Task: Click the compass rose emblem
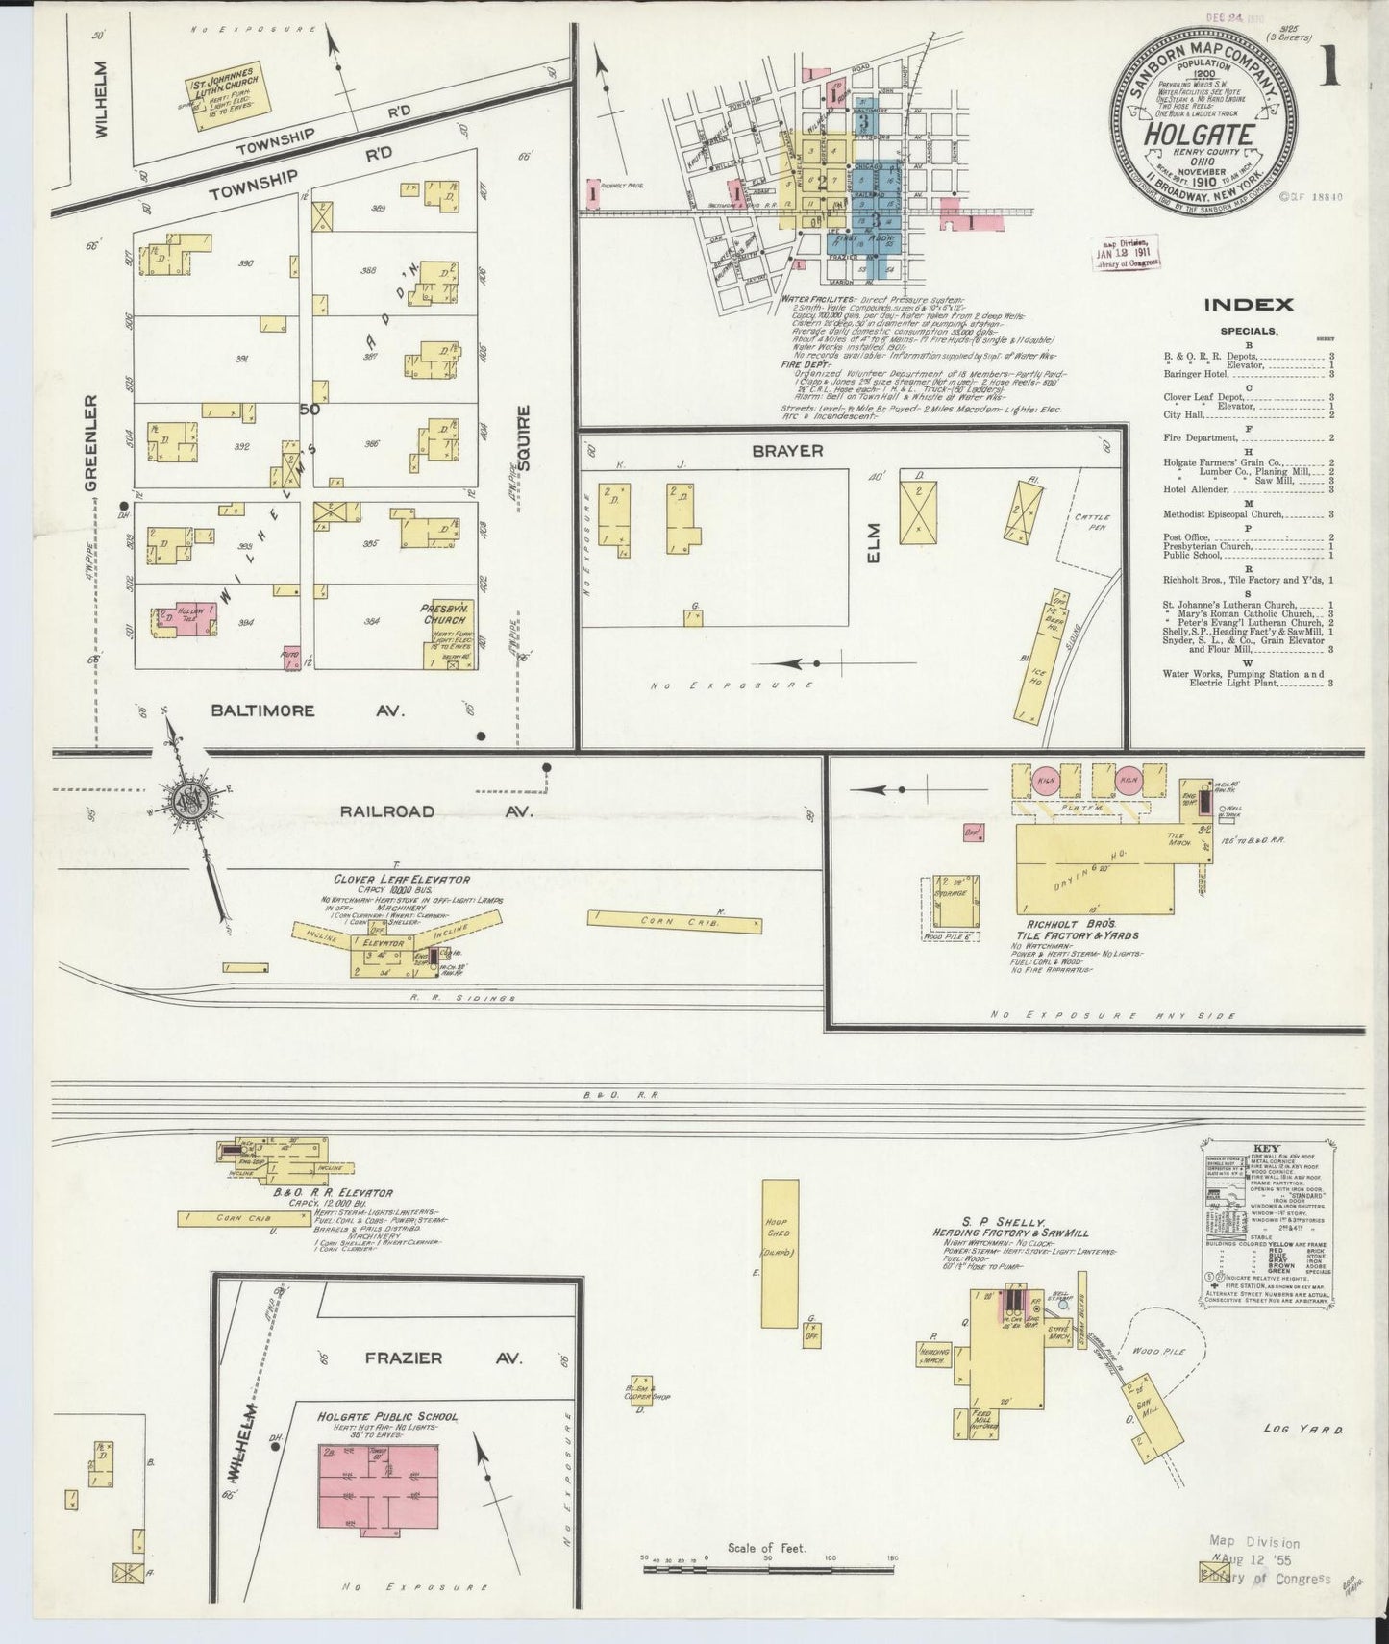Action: [190, 797]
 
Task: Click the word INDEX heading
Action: [1248, 305]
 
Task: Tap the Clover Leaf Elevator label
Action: [402, 879]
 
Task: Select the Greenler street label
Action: [91, 443]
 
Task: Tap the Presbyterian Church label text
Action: [442, 615]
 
